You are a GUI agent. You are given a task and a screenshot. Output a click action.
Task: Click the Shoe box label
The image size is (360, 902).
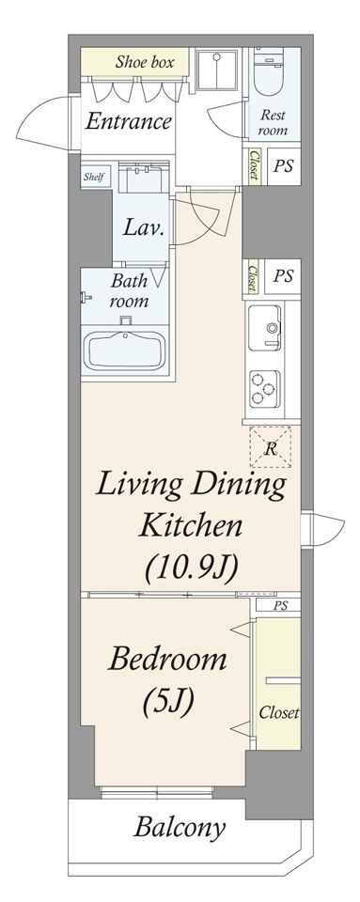(145, 62)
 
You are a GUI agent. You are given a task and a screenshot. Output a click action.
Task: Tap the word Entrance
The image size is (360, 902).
(128, 121)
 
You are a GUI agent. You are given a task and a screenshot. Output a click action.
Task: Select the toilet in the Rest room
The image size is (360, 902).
(269, 73)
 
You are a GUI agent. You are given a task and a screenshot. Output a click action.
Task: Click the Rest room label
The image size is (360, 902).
(272, 122)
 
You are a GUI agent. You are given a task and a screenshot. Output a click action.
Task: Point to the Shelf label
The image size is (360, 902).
(94, 177)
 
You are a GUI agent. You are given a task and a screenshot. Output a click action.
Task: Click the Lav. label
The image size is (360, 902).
(144, 227)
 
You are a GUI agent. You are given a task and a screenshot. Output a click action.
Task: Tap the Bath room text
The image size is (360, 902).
(129, 291)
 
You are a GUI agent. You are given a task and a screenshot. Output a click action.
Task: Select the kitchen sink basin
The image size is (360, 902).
(265, 327)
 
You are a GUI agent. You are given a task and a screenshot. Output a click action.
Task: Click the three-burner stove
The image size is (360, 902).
(265, 389)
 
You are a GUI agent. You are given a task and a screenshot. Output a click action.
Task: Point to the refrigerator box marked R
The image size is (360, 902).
(271, 447)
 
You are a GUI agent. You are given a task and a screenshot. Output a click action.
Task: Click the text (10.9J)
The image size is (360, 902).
(192, 569)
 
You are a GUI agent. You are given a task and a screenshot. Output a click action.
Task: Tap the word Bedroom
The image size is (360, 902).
(167, 660)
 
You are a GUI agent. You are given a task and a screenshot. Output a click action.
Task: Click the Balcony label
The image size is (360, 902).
(180, 829)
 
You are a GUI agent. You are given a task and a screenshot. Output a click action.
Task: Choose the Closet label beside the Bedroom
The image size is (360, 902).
(278, 713)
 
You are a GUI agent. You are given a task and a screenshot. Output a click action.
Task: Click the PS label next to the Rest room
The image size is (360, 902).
(283, 166)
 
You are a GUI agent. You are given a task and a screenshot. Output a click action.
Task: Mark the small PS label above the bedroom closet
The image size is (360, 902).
(280, 604)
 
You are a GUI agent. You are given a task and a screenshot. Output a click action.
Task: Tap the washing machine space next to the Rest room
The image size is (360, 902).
(217, 70)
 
